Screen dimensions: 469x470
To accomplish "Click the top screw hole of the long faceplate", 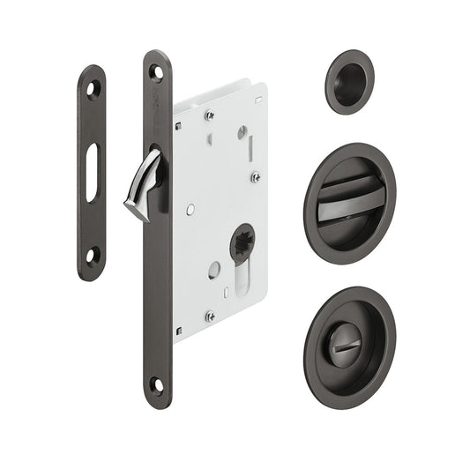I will pos(156,73).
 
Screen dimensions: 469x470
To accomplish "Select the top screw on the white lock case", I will pos(209,115).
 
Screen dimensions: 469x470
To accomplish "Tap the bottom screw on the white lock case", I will pos(210,316).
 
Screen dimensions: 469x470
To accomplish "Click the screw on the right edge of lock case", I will pos(254,176).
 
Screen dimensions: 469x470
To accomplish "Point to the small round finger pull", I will pos(349,82).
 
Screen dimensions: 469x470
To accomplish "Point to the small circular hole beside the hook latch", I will pos(190,209).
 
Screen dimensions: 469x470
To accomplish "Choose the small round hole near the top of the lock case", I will pos(240,131).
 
